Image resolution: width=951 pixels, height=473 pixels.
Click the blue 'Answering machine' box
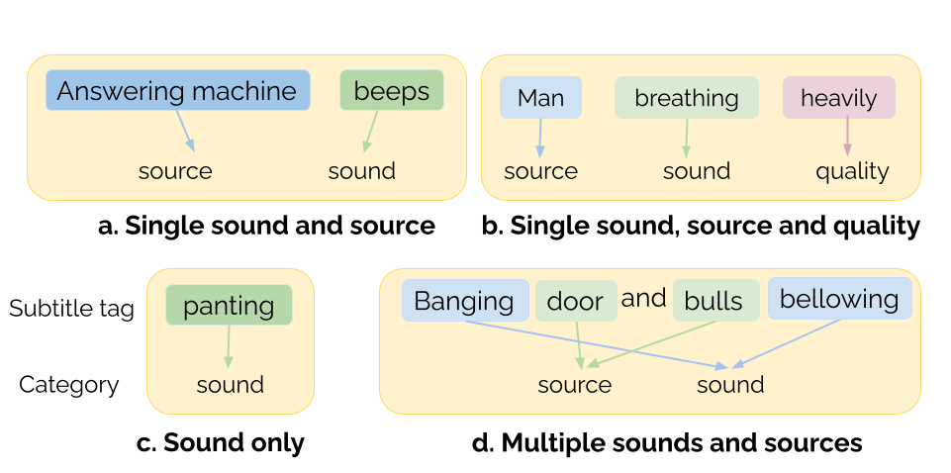point(177,91)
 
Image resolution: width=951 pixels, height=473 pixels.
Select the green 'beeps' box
point(391,91)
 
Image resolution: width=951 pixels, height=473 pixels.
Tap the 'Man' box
point(540,98)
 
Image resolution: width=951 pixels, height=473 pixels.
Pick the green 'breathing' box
point(686,98)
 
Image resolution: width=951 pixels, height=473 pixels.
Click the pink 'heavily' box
point(838,98)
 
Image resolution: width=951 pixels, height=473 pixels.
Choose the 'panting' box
point(229,305)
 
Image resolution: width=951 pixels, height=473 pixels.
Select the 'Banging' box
point(464,301)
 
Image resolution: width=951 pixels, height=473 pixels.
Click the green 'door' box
point(575,301)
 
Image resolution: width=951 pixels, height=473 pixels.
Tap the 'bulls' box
point(714,301)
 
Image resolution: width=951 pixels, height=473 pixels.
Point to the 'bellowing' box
point(839,299)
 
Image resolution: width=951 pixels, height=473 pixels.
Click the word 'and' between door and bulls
point(643,298)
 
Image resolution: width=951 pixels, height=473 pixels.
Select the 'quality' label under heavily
point(852,171)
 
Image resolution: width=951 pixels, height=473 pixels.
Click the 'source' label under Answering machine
point(175,171)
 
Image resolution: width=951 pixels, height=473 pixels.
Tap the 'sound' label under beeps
point(362,171)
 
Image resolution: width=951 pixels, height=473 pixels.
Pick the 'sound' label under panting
point(231,385)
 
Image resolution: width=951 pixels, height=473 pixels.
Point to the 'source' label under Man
point(540,171)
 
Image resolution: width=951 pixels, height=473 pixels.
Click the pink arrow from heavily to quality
point(847,137)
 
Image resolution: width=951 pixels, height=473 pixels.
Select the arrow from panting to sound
point(229,346)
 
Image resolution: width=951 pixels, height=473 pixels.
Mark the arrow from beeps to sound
point(371,131)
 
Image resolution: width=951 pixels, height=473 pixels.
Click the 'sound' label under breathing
point(697,171)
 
